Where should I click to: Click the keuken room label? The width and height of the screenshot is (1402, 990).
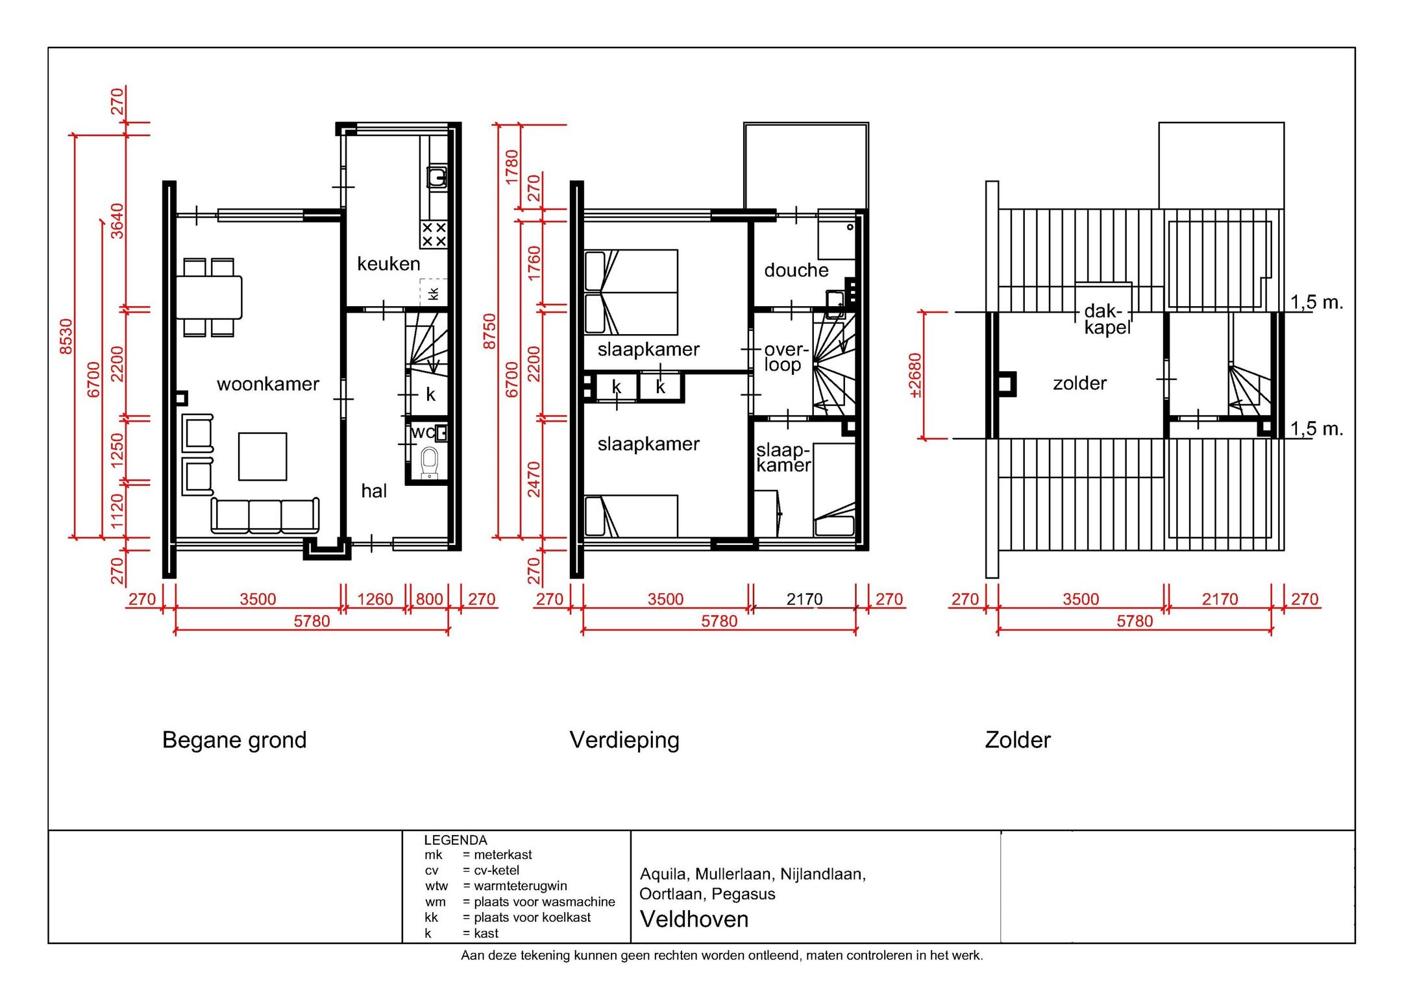[x=388, y=263]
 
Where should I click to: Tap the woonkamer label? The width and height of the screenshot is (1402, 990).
[x=267, y=384]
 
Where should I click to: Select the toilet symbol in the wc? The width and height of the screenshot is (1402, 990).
[x=429, y=462]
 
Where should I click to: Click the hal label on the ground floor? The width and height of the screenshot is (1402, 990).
[x=374, y=491]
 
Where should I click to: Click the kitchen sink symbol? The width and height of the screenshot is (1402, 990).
[x=436, y=176]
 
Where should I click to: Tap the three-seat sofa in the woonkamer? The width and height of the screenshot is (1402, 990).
[x=265, y=516]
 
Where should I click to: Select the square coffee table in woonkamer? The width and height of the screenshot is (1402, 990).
[x=262, y=457]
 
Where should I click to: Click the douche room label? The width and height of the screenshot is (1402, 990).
[x=796, y=270]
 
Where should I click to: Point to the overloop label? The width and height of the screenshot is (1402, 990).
[x=783, y=357]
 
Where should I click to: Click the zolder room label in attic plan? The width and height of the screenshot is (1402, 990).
[x=1079, y=383]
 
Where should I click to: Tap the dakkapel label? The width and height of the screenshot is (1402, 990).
[x=1106, y=319]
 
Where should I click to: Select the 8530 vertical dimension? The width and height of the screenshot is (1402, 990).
[x=66, y=336]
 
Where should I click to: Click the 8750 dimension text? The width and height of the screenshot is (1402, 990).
[x=489, y=331]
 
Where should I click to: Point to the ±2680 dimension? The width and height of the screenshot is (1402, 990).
[x=915, y=375]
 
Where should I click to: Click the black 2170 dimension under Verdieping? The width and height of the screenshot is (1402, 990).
[x=804, y=599]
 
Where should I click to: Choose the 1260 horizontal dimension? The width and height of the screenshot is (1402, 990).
[x=375, y=599]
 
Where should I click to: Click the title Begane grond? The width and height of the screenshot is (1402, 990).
[x=234, y=740]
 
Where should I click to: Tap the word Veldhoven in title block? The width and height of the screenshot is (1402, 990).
[x=694, y=919]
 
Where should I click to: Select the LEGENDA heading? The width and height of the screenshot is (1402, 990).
[x=455, y=840]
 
